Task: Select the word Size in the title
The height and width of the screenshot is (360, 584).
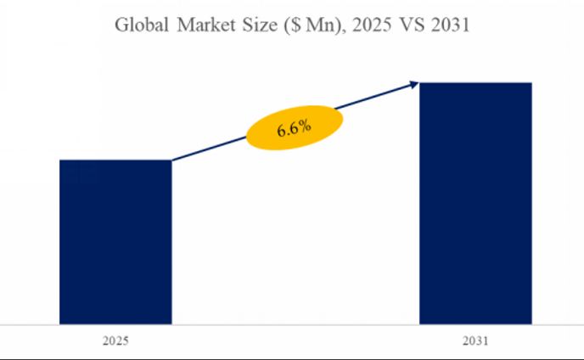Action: click(x=260, y=26)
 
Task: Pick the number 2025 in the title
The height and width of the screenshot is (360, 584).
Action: click(x=361, y=26)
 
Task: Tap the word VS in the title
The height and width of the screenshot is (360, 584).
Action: click(x=405, y=26)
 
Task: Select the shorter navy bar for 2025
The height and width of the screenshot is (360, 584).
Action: click(x=115, y=242)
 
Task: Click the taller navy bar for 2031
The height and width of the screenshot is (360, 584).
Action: click(x=476, y=204)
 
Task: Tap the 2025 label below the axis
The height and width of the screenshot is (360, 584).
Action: click(x=115, y=341)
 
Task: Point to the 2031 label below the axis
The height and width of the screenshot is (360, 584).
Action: click(x=476, y=341)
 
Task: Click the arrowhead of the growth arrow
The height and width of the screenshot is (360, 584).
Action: click(x=414, y=83)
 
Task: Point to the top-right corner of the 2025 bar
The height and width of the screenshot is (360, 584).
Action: click(x=171, y=160)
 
